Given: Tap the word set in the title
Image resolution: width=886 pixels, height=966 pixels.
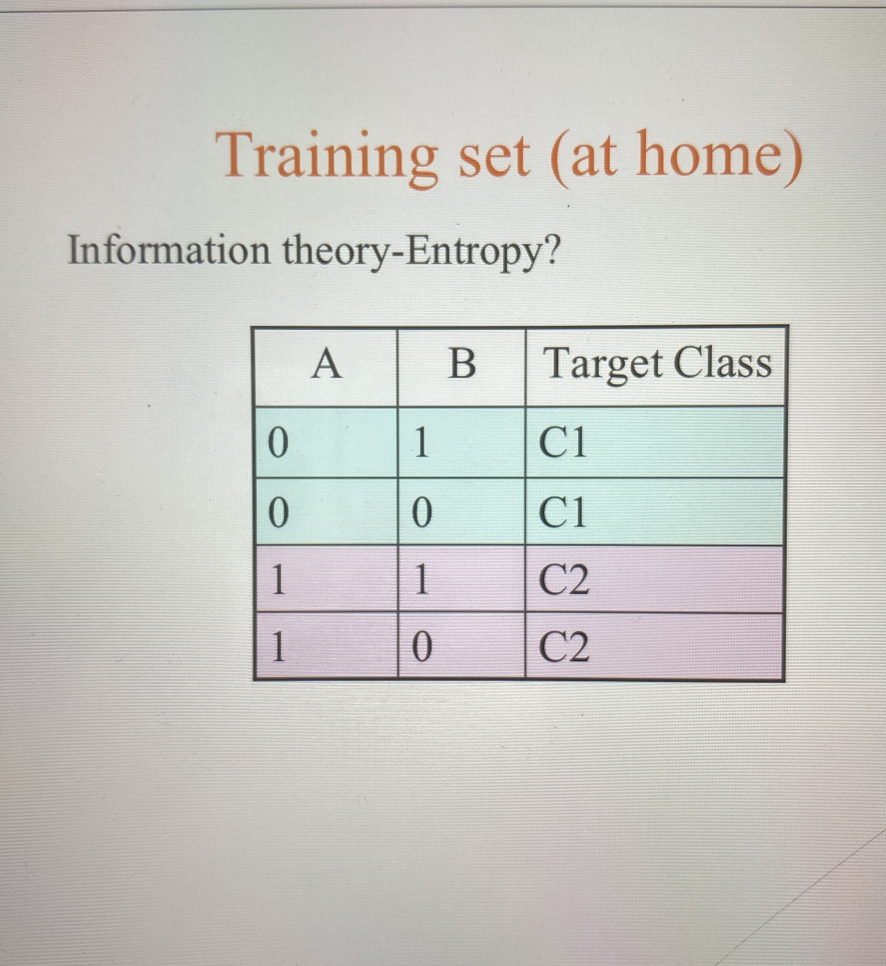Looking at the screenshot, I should pos(494,156).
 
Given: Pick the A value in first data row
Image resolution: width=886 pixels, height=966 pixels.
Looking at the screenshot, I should pos(278,443).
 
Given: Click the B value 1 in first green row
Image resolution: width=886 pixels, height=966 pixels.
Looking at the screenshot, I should pos(421,443).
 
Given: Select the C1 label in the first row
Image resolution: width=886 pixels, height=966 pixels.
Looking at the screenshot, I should pos(562,443).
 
